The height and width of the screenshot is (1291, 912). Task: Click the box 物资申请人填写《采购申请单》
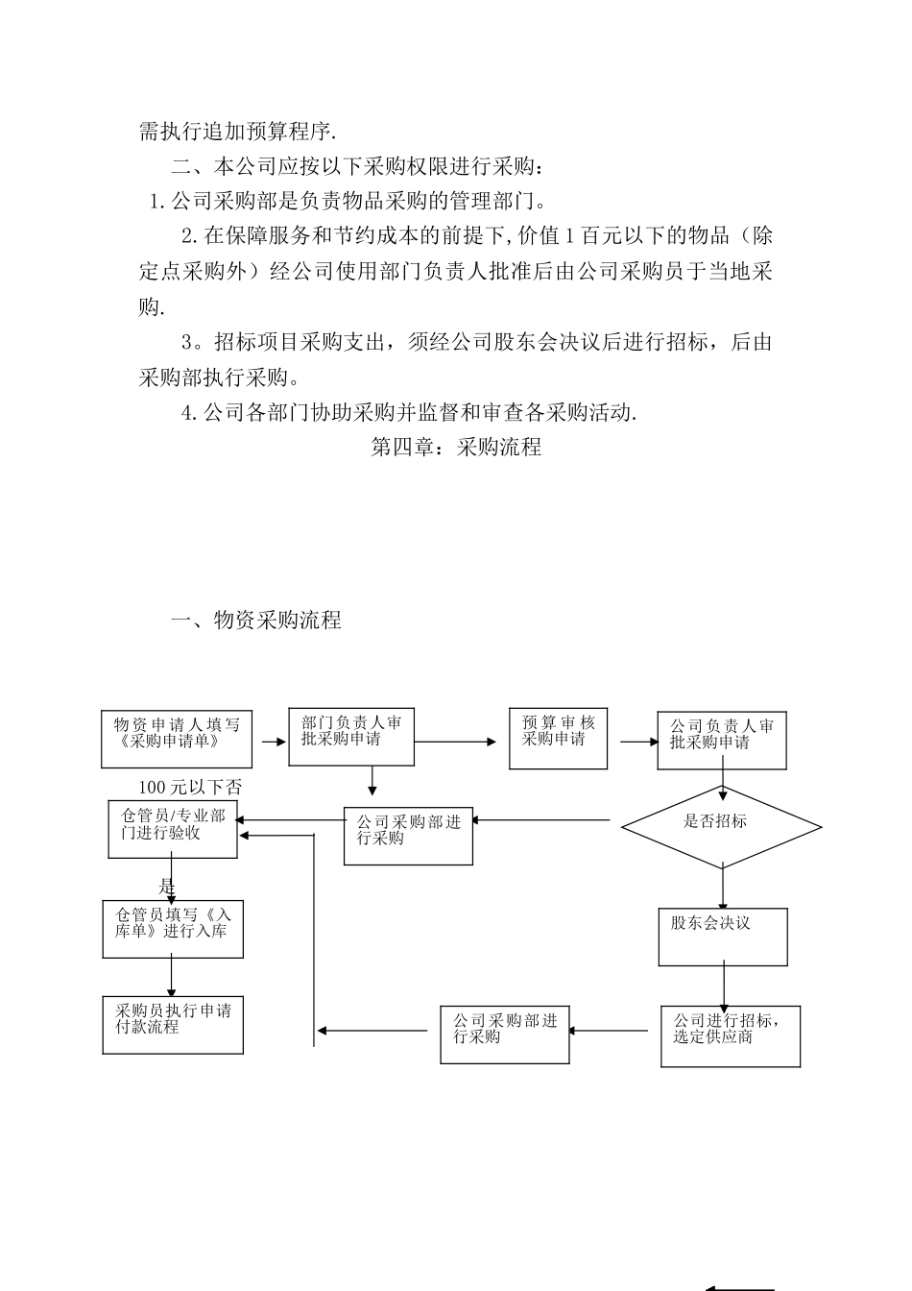[178, 739]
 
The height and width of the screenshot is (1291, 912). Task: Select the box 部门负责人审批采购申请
[351, 737]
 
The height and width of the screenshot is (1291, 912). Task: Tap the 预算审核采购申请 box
[558, 740]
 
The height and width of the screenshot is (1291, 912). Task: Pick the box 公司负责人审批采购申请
[721, 741]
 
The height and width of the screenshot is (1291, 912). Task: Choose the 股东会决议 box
[722, 937]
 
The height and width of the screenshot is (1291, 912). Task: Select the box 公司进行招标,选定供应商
[730, 1035]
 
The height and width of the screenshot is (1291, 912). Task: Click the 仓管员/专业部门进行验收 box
[173, 829]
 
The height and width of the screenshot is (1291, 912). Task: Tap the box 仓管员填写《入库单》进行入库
[173, 929]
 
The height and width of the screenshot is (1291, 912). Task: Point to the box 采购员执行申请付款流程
[173, 1025]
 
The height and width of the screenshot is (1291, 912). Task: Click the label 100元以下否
[190, 788]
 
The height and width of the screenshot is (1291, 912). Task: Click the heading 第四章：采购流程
[456, 447]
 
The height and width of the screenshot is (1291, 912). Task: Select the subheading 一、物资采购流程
[255, 620]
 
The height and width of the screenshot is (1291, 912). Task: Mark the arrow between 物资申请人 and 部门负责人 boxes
[272, 742]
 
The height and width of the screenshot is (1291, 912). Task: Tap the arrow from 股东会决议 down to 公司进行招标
[724, 986]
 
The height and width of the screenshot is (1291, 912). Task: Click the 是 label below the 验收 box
[167, 887]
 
